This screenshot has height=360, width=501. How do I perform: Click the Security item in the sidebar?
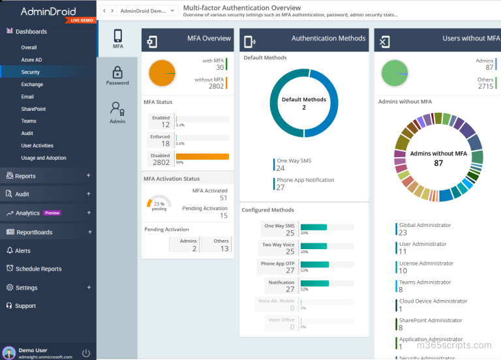(x=30, y=72)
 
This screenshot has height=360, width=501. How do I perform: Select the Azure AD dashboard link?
(x=31, y=59)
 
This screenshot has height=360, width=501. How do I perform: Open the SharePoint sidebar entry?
(x=33, y=109)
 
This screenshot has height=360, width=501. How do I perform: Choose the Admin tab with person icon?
(x=117, y=112)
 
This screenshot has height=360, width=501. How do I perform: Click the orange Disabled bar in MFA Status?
(x=202, y=157)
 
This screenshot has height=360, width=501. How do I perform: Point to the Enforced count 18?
(x=165, y=143)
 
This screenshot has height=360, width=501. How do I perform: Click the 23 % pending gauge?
(x=159, y=204)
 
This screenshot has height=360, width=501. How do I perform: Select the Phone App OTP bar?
(x=314, y=265)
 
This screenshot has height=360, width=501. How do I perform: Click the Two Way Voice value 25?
(x=290, y=251)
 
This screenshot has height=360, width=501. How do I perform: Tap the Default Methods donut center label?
(x=304, y=103)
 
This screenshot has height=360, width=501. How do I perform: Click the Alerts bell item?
(x=23, y=250)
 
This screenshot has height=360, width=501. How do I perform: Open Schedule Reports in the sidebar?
(x=38, y=269)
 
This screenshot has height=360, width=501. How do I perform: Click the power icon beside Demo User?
(x=86, y=353)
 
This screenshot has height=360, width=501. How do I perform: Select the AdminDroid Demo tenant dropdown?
(x=149, y=11)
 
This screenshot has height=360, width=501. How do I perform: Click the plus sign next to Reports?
(x=89, y=176)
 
